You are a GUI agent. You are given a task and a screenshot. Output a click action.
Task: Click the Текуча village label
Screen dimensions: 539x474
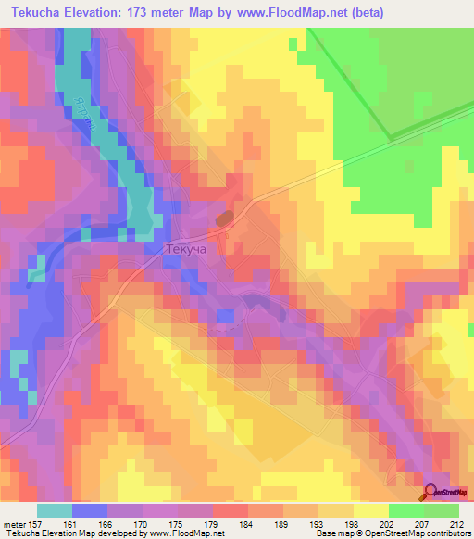pos(167,250)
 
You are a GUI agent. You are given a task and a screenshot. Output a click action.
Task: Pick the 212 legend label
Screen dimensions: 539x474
pos(455,524)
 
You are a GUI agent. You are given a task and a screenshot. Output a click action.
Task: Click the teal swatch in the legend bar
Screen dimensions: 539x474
pos(55,510)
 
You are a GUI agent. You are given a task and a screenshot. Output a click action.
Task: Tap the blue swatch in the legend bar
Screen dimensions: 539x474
pos(90,510)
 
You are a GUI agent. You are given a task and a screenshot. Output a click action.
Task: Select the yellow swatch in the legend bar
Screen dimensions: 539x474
pos(371,510)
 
